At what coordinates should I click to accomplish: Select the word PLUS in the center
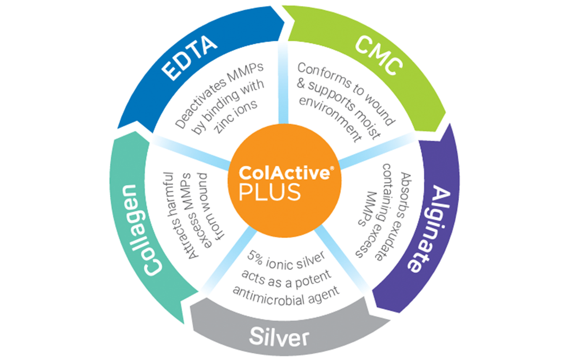(271, 191)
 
